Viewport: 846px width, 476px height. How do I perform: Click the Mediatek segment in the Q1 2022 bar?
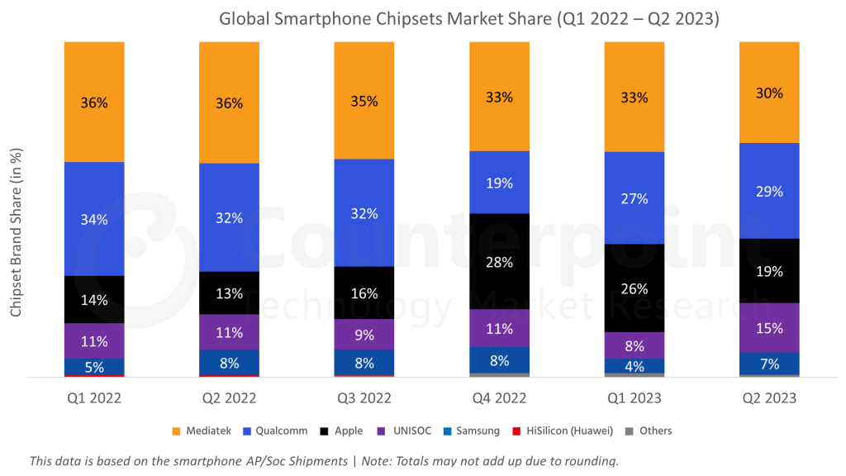pyautogui.click(x=94, y=102)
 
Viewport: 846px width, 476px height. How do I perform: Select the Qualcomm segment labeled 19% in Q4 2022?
pyautogui.click(x=499, y=183)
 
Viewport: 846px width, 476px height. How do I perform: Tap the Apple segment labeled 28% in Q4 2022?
pyautogui.click(x=499, y=261)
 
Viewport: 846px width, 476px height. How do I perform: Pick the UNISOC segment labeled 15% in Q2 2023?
pyautogui.click(x=769, y=327)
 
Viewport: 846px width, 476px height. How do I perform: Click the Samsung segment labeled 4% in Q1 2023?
pyautogui.click(x=634, y=366)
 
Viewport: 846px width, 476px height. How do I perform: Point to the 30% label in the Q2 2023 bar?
pyautogui.click(x=769, y=93)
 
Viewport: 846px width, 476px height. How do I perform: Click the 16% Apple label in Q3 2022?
pyautogui.click(x=364, y=293)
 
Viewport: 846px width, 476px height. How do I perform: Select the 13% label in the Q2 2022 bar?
pyautogui.click(x=229, y=293)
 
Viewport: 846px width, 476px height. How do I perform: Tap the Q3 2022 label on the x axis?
pyautogui.click(x=364, y=398)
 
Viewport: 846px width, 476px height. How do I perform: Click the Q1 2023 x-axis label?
pyautogui.click(x=634, y=398)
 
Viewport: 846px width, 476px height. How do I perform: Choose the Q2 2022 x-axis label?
pyautogui.click(x=229, y=398)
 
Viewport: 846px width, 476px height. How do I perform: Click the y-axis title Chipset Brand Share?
pyautogui.click(x=16, y=231)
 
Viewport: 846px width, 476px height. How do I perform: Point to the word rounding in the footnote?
pyautogui.click(x=589, y=461)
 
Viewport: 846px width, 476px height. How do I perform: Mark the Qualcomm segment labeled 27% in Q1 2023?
pyautogui.click(x=634, y=198)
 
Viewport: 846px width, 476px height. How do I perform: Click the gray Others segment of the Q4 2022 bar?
pyautogui.click(x=499, y=374)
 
